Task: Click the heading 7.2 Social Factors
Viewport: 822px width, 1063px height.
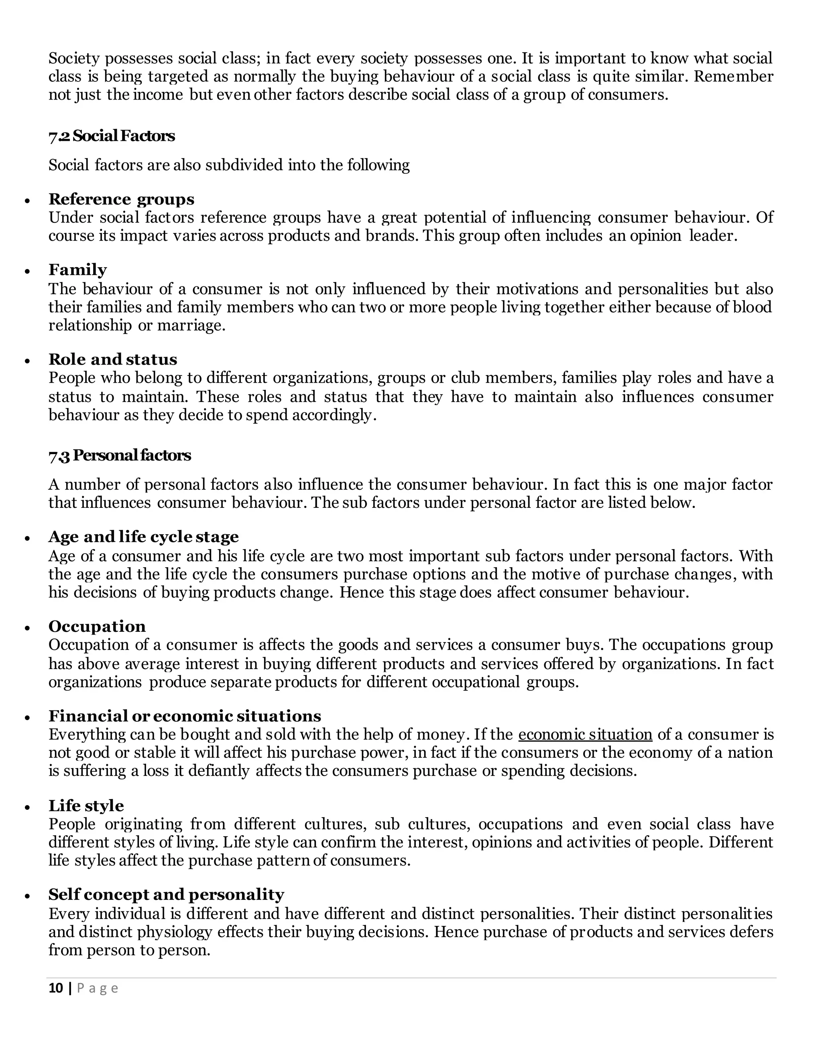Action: point(112,136)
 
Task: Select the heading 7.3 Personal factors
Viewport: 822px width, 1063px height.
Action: point(119,456)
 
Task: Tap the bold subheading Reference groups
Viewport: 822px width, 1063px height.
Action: point(121,199)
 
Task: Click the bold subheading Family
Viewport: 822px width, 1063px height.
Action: point(77,270)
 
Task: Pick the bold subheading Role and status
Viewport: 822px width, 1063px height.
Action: point(112,360)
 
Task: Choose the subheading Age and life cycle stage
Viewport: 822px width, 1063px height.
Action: point(144,537)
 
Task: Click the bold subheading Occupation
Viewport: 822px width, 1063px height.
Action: point(97,627)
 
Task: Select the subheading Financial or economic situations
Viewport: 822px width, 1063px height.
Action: point(185,716)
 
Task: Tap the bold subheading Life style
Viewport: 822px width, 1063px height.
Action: point(86,805)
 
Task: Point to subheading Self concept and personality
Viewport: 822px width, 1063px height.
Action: point(166,895)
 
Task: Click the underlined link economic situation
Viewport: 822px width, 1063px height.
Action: point(585,734)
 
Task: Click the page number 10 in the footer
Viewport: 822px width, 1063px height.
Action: point(56,988)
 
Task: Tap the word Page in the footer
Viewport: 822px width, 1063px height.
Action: point(98,988)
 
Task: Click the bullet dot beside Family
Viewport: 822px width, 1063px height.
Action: point(28,272)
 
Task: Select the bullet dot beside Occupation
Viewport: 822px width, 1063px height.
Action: point(28,628)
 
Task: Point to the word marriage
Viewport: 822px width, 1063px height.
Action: point(191,326)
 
